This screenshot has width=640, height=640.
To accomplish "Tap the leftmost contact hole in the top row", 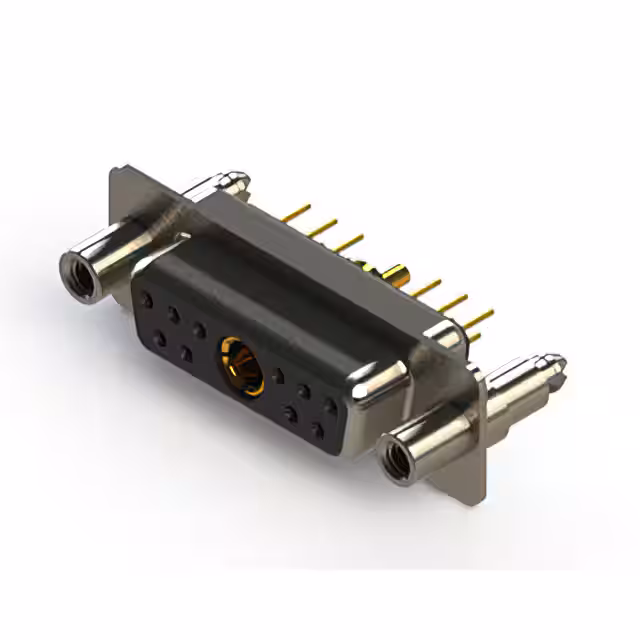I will [148, 299].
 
